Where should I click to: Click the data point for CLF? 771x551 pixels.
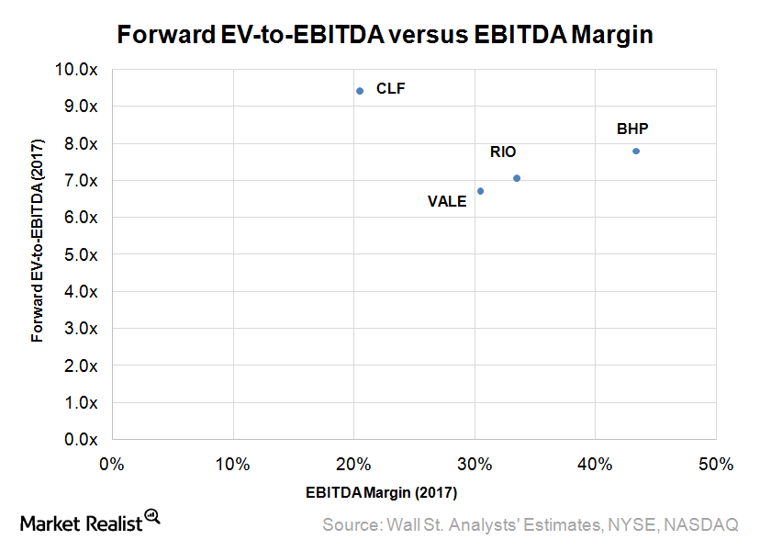[x=360, y=91]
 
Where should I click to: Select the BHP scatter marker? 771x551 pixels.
[x=636, y=151]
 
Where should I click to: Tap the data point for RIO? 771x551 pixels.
[x=517, y=178]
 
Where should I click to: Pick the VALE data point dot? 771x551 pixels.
[x=480, y=191]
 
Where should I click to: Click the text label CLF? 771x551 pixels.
[x=390, y=89]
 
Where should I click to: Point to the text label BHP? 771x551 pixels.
[x=633, y=129]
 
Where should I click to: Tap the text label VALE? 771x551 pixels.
[x=447, y=202]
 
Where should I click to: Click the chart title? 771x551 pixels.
[x=385, y=36]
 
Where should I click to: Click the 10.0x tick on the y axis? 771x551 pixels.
[x=78, y=69]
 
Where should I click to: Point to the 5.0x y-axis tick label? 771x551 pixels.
[x=81, y=254]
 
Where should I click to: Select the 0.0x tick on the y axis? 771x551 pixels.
[x=81, y=440]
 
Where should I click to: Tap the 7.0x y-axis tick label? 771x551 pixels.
[x=81, y=180]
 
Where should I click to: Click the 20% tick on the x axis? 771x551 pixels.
[x=353, y=465]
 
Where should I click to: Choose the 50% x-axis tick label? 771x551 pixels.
[x=714, y=465]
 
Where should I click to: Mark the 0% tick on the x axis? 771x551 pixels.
[x=111, y=465]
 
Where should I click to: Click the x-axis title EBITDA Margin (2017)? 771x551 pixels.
[x=381, y=492]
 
